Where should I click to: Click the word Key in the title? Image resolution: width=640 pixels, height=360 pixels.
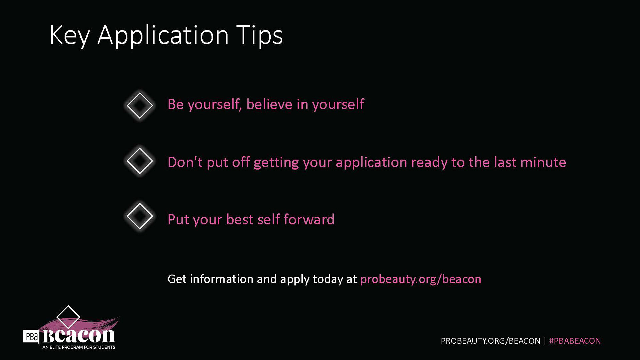point(69,35)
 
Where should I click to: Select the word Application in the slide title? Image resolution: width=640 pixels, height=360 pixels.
point(163,35)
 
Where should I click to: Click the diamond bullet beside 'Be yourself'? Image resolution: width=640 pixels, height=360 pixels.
point(140,106)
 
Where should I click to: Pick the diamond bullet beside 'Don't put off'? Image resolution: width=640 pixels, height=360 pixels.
point(140,161)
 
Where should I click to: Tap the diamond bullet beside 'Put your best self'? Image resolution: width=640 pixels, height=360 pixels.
point(140,216)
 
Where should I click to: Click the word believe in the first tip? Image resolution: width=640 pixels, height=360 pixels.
point(269,104)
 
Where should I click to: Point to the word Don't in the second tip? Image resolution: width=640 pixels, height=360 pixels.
point(185,162)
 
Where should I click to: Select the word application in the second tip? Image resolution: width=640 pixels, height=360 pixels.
point(371,162)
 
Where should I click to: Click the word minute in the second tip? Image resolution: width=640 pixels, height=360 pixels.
point(543,162)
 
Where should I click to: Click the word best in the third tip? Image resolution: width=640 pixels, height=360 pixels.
point(240,220)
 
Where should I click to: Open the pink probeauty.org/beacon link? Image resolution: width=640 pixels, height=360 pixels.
point(421,279)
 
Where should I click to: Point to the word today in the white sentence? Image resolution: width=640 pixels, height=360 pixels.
point(328,279)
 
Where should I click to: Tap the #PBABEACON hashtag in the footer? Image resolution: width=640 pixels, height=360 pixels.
point(575,341)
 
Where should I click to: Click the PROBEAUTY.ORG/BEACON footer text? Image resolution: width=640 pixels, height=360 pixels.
point(490,341)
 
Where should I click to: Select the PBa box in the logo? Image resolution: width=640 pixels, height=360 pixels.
point(31,337)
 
